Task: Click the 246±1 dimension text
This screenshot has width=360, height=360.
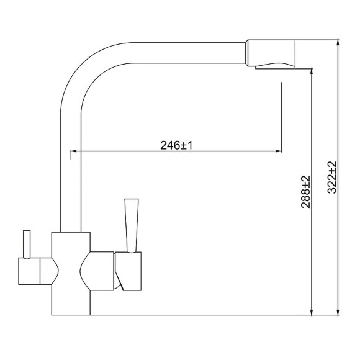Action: pos(178,145)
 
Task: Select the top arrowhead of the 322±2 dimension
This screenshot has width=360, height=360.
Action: pos(338,44)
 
